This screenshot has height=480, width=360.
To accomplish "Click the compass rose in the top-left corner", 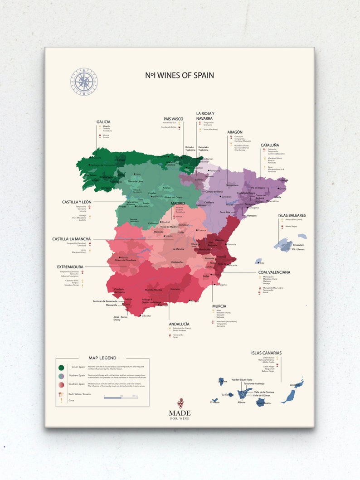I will (84, 82).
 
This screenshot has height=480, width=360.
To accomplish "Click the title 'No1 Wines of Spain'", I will (180, 75).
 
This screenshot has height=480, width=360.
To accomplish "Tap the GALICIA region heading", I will (104, 122).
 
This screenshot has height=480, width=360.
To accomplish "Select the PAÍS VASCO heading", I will (173, 119).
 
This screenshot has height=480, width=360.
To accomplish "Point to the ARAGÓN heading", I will (235, 132).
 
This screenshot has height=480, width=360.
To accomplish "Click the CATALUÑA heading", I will (270, 145).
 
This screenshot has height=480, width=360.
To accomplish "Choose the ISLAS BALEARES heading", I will (292, 215).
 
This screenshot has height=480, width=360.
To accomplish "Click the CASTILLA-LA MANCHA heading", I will (71, 239).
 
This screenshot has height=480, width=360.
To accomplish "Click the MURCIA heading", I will (219, 306).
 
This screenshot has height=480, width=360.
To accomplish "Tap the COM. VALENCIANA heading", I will (274, 272).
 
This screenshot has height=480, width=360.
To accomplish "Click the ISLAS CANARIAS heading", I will (266, 353).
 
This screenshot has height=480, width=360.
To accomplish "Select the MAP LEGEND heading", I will (102, 358).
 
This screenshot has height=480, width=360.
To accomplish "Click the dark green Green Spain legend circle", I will (61, 367).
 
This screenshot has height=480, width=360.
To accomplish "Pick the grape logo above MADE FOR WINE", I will (180, 402).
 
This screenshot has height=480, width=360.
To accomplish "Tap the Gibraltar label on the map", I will (146, 315).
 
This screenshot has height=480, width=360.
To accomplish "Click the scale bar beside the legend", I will (121, 398).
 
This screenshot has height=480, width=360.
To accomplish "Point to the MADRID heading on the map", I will (178, 204).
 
